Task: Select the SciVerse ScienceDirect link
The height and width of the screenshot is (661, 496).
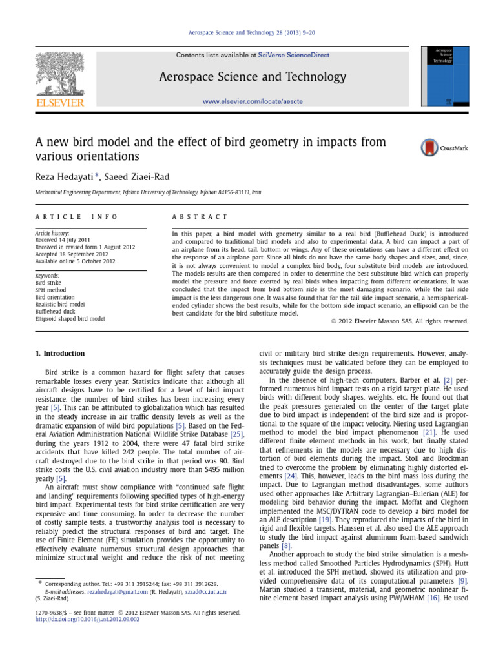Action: pos(293,56)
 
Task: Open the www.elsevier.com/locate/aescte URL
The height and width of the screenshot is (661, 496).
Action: pos(253,101)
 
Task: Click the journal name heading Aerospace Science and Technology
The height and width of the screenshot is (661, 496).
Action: pos(253,77)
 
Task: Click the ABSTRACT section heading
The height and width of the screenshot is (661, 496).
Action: pos(200,217)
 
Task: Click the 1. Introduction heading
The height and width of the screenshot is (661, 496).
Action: pos(59,354)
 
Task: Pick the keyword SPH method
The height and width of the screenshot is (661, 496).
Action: pos(52,290)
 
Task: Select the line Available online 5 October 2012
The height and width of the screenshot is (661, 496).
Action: pos(76,261)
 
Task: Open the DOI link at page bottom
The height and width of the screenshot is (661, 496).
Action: pos(87,620)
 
